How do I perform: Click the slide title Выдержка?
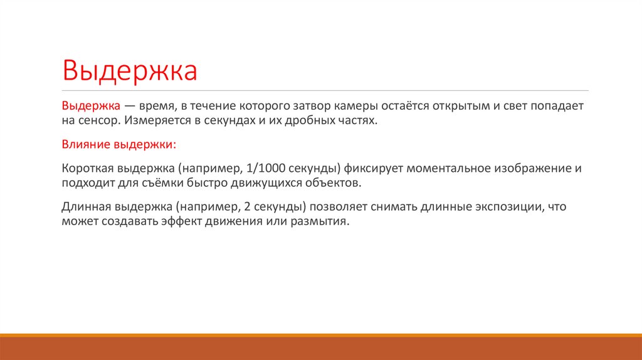[x=129, y=71]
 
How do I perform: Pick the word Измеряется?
[x=154, y=120]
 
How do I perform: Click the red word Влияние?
[x=85, y=145]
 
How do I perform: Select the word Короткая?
[x=87, y=169]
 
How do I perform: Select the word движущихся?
[x=248, y=182]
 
